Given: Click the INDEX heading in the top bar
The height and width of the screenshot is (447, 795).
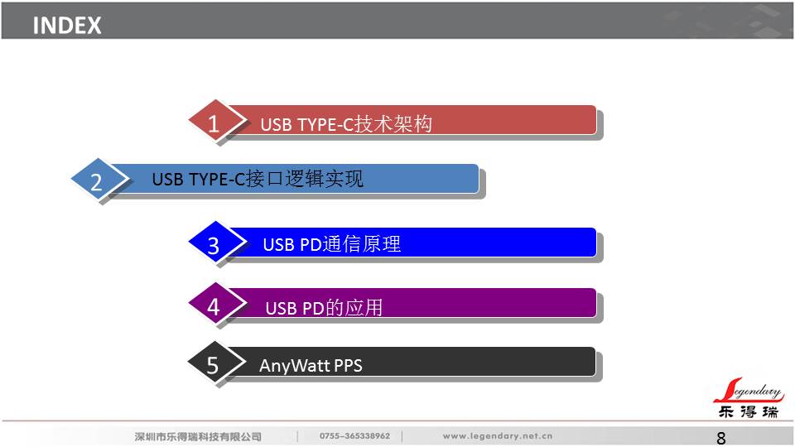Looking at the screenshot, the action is tap(67, 26).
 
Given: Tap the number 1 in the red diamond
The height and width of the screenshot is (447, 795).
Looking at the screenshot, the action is tap(214, 123).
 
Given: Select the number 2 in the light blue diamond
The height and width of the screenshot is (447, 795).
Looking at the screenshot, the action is tap(96, 182).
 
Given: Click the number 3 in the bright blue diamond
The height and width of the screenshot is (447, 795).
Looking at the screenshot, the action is tap(214, 246).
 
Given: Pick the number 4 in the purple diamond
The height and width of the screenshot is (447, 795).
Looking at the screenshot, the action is tap(214, 306).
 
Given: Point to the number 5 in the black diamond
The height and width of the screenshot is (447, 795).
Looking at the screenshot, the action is tap(213, 365).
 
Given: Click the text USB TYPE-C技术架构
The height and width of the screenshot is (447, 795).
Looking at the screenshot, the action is tap(346, 124).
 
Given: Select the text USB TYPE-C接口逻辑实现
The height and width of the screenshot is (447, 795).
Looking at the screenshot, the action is tap(258, 179).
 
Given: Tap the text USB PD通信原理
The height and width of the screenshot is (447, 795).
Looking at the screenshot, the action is tap(331, 244).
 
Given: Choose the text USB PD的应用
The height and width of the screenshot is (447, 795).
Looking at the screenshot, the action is tap(324, 308).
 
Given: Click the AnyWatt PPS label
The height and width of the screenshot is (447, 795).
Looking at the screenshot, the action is tap(311, 365).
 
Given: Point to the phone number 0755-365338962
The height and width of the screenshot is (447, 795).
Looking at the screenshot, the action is tap(355, 436).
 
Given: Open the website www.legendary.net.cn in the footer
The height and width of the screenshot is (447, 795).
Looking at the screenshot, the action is tap(498, 436).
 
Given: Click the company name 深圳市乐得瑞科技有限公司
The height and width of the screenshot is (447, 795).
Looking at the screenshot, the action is tap(198, 436).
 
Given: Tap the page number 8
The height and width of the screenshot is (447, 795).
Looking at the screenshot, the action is tap(721, 438).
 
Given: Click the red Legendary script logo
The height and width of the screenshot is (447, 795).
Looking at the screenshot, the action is tap(749, 390).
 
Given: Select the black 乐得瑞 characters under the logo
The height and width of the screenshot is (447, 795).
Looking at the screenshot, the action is tap(749, 411).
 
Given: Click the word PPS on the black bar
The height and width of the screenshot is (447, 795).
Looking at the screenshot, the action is tap(349, 365).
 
